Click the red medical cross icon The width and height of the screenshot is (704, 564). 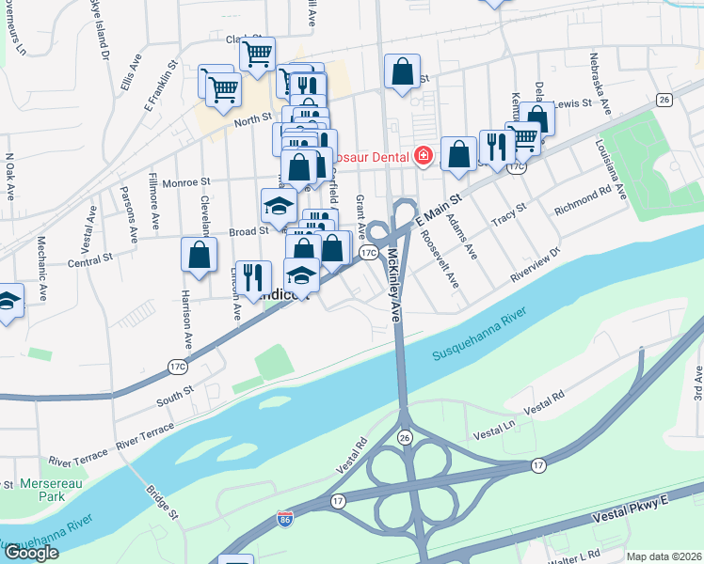[424, 155]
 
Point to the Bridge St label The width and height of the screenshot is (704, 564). [161, 501]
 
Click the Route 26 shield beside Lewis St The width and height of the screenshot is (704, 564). [664, 100]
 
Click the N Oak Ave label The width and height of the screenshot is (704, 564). [10, 176]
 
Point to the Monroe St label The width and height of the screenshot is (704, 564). [184, 183]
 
